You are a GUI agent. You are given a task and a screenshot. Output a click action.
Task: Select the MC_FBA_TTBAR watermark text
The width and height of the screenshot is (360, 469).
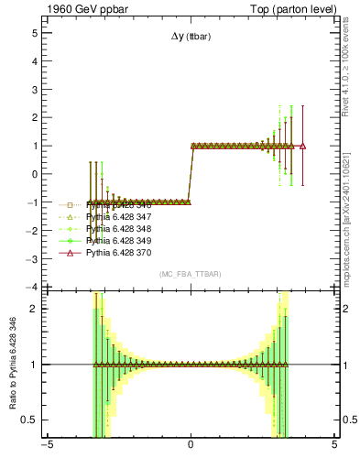tap(190, 275)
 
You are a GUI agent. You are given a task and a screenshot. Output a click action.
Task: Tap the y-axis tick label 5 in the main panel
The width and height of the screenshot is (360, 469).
tap(34, 32)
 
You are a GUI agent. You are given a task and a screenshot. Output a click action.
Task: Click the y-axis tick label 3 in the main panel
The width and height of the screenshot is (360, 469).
tap(34, 89)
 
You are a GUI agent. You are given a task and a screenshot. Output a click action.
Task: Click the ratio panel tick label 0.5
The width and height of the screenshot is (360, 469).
tap(30, 420)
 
